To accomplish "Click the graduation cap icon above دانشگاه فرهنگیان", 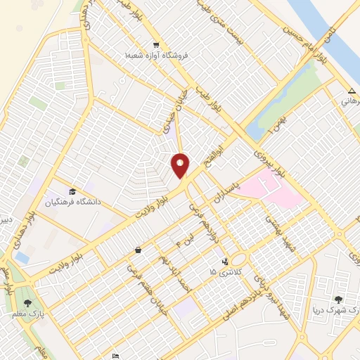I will coord(72,191).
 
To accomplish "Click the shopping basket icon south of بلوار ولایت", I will coord(138,250).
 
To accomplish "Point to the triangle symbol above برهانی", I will coord(352,91).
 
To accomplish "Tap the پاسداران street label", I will coord(245,191).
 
